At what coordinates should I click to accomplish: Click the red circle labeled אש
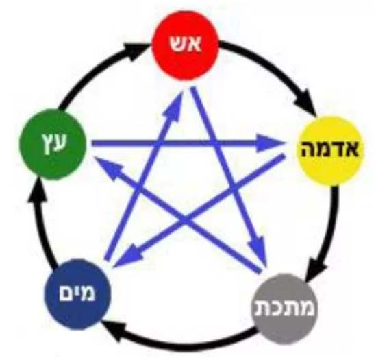pyautogui.click(x=186, y=45)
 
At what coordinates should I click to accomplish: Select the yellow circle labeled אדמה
pyautogui.click(x=330, y=151)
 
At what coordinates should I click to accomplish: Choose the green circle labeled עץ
pyautogui.click(x=52, y=143)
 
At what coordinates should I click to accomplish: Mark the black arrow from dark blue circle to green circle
pyautogui.click(x=41, y=224)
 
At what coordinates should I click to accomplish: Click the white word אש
pyautogui.click(x=186, y=45)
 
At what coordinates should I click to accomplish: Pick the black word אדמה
pyautogui.click(x=330, y=149)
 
